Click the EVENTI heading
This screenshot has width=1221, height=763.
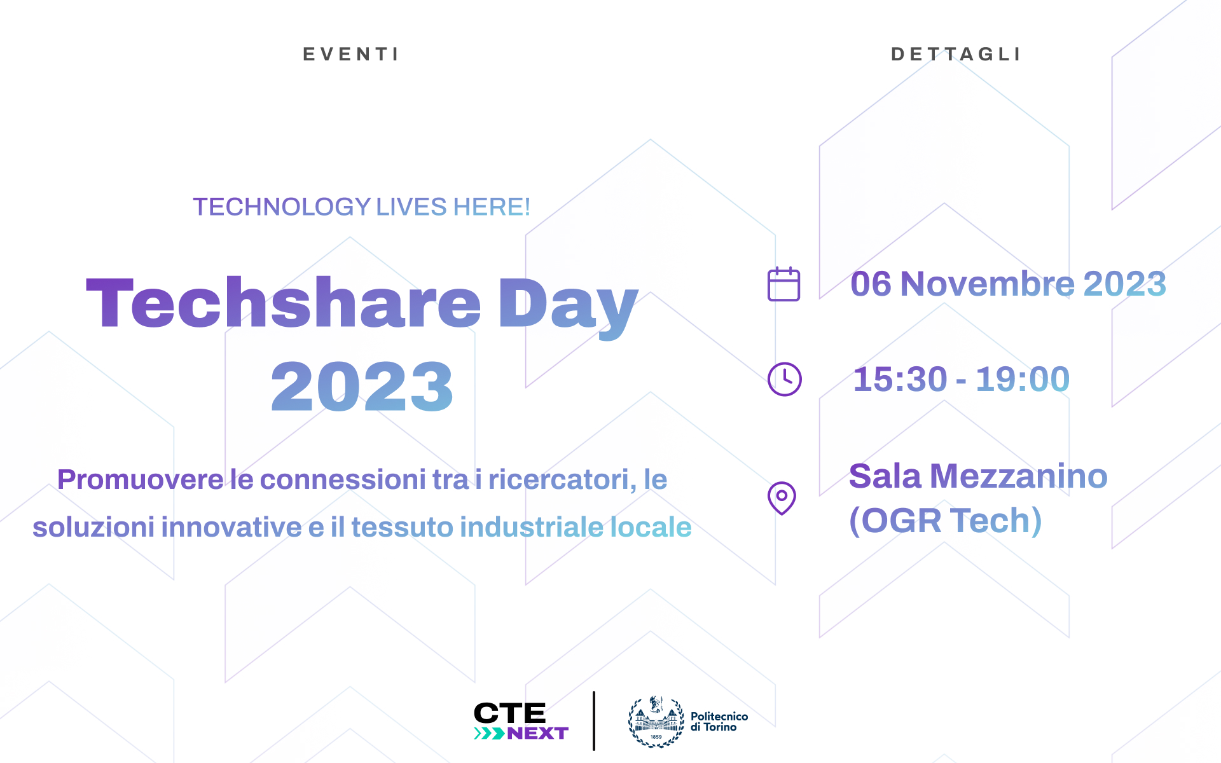(x=350, y=55)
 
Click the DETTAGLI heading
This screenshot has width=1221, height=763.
(x=956, y=55)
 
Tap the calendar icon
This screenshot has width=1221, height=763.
(x=783, y=284)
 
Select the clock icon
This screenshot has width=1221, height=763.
(x=785, y=380)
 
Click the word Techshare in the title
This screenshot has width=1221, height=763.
(x=284, y=303)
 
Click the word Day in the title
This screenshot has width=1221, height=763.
(x=568, y=308)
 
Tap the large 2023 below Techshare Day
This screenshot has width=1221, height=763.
(x=362, y=386)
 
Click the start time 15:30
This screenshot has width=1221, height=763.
(x=900, y=380)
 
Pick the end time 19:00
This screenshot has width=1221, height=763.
(x=1023, y=380)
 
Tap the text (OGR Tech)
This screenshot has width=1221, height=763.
(x=946, y=521)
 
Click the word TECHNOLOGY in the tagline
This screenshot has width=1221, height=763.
(x=282, y=207)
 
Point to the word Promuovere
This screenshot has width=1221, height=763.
(x=141, y=479)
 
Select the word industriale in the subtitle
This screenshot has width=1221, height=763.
(x=532, y=527)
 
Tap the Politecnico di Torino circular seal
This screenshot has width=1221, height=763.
(x=656, y=722)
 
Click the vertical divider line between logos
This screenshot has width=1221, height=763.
(x=594, y=721)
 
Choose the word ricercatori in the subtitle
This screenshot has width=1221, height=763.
(x=562, y=479)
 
